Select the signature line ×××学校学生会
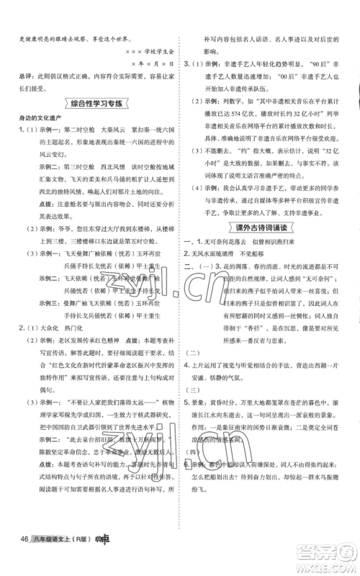(145, 49)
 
